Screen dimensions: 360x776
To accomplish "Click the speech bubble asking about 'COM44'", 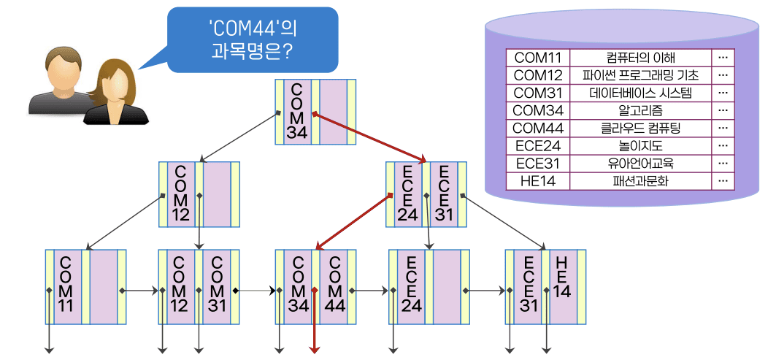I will [253, 40].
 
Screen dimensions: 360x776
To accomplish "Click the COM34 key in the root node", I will [296, 111].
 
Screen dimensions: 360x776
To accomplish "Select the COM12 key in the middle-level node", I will [180, 194].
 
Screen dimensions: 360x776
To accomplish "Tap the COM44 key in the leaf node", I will [334, 285].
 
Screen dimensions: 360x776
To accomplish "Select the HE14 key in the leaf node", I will [561, 277].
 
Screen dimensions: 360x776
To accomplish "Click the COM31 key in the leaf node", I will [217, 285].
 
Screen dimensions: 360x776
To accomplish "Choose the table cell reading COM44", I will [537, 128].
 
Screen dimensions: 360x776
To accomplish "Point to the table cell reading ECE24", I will [537, 145].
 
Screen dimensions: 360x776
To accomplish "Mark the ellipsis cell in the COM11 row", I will [723, 58].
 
